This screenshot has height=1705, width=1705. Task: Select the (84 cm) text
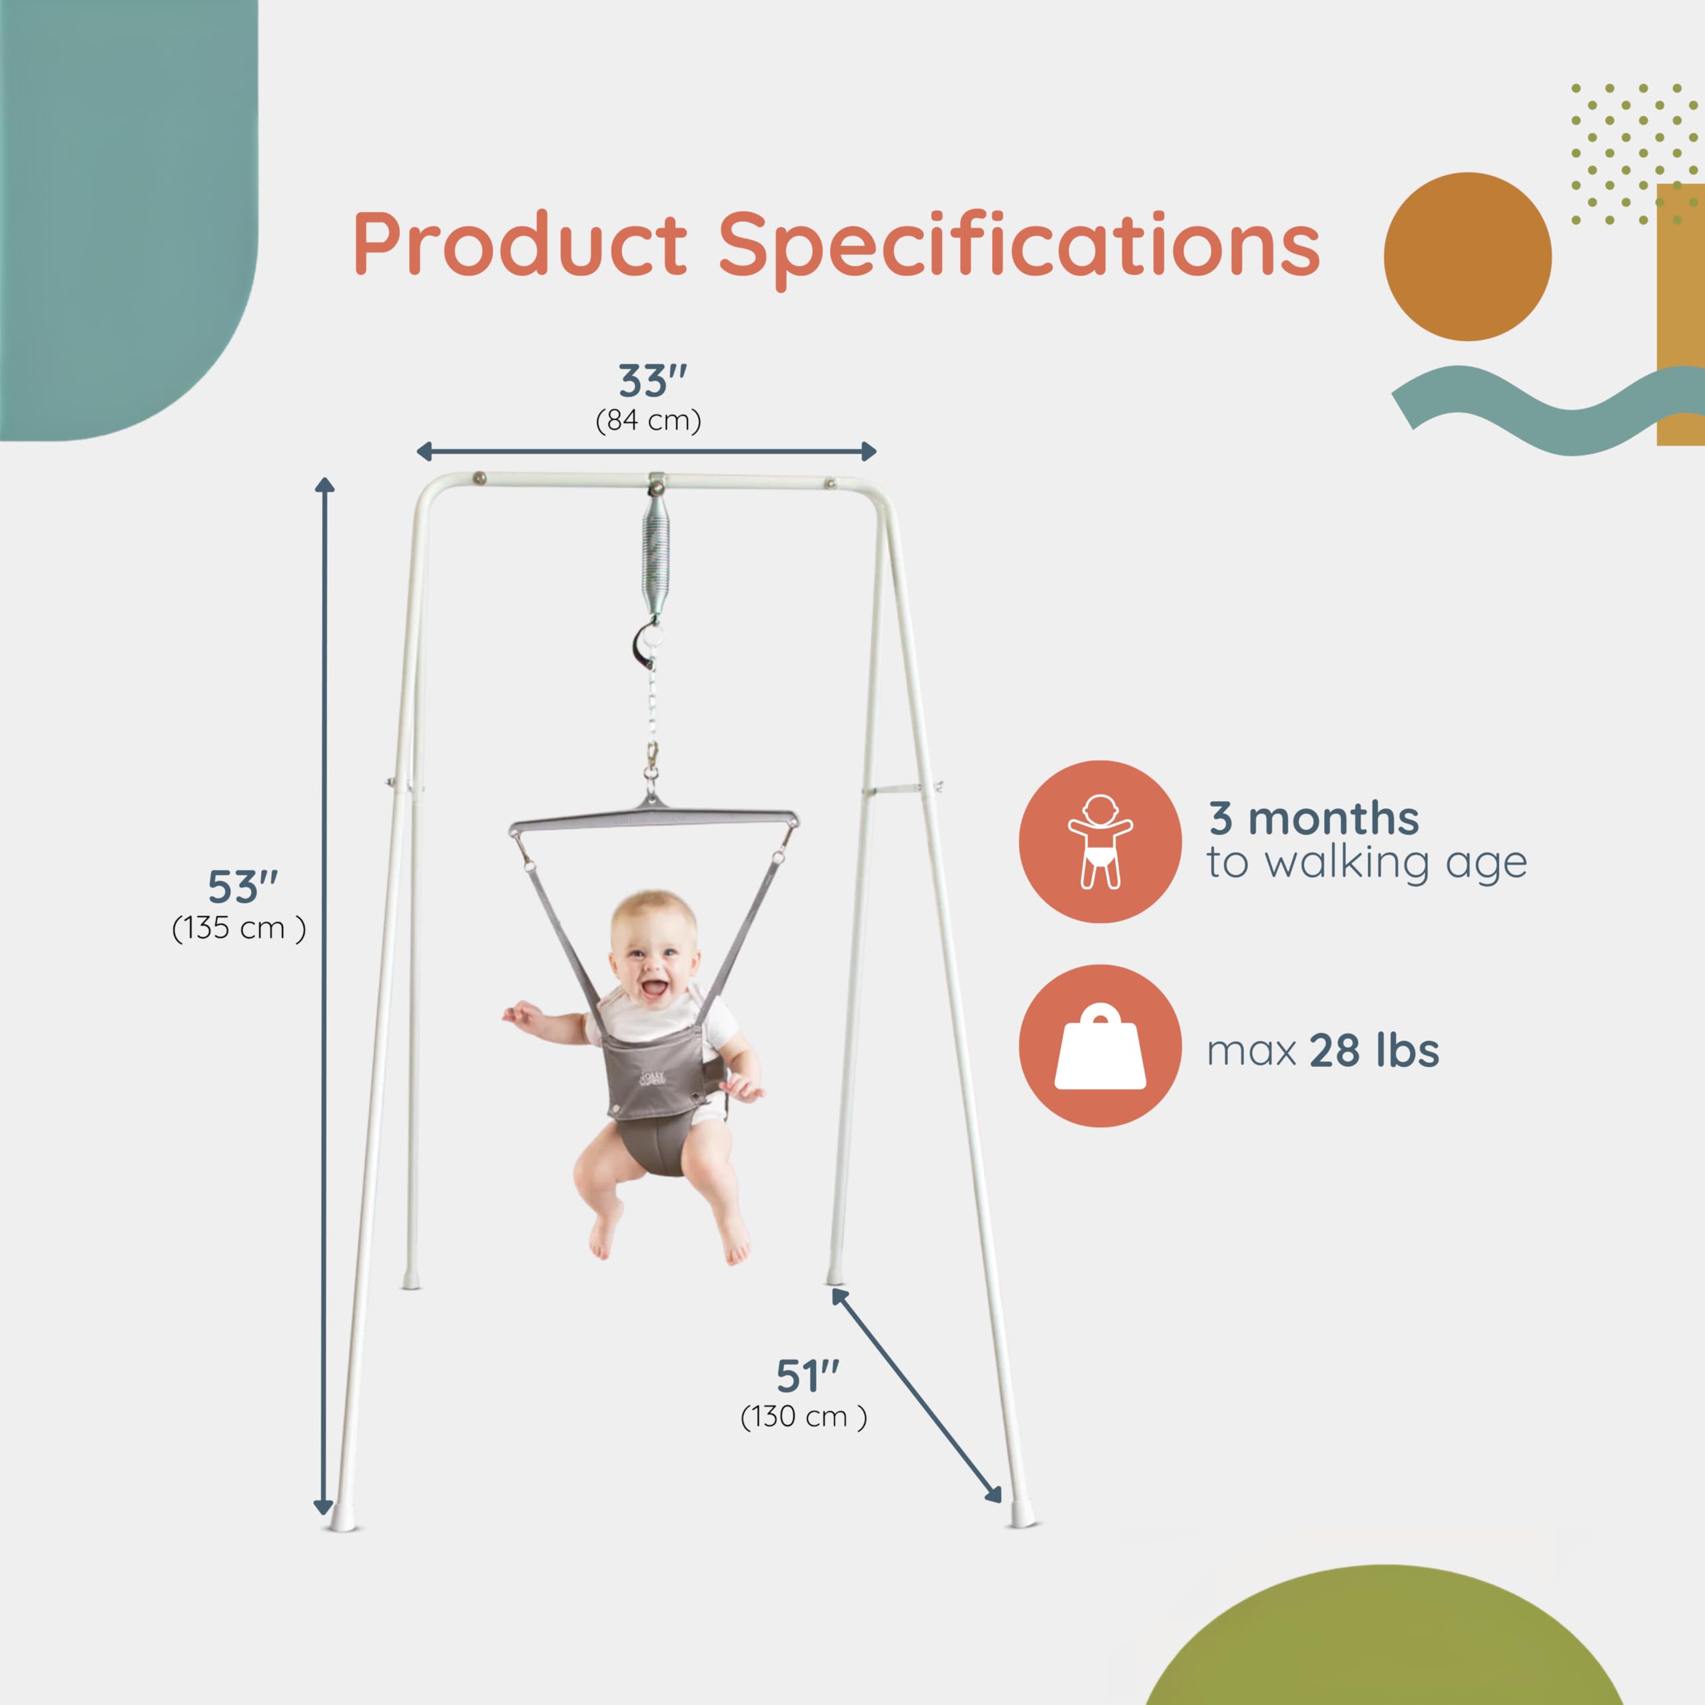pos(649,421)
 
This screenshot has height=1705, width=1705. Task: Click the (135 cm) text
pos(238,928)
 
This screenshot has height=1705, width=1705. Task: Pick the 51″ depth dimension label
pos(807,1375)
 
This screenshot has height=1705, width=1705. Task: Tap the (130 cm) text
pos(803,1417)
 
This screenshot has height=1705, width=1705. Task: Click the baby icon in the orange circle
pos(1100,842)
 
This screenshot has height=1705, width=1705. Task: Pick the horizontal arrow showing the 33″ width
pos(646,452)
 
